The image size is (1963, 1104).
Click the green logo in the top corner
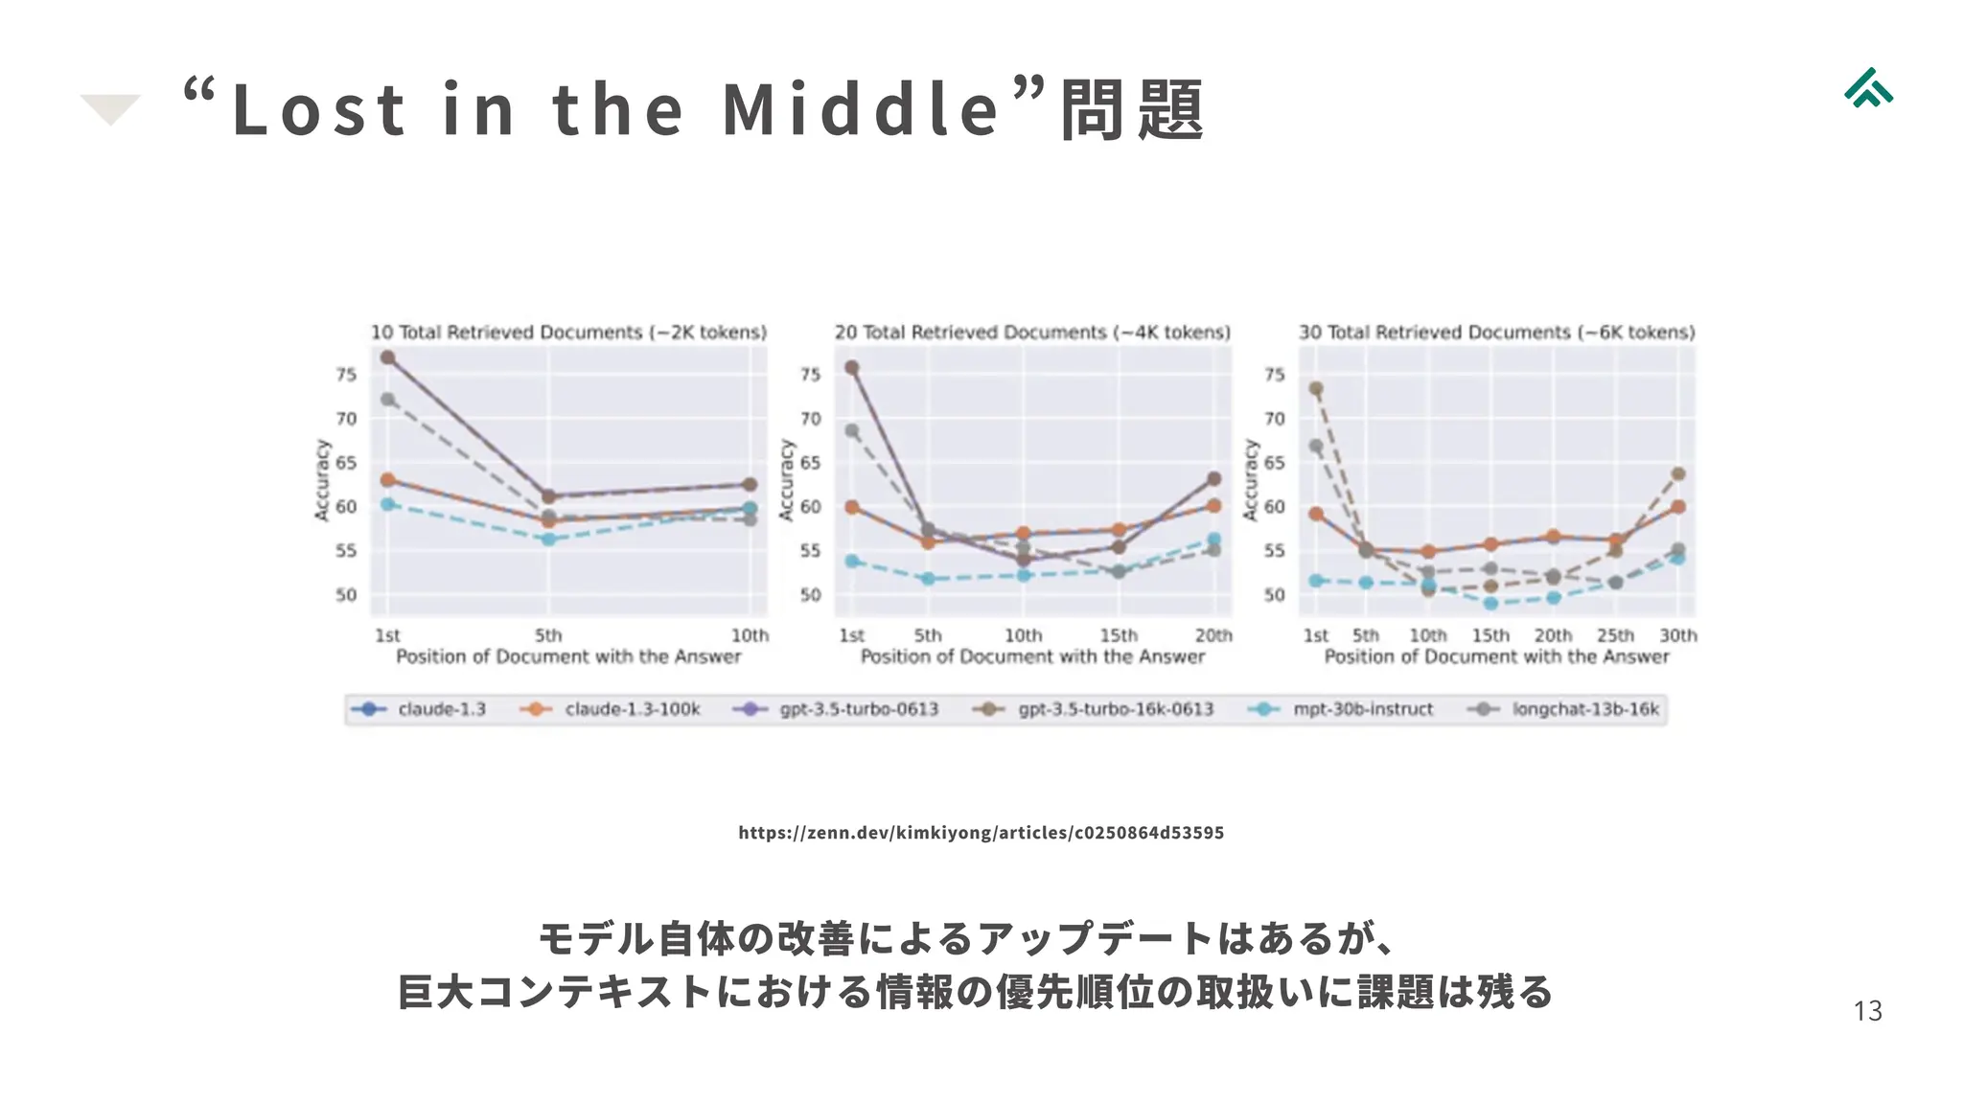tap(1868, 88)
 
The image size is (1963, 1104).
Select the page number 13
tap(1867, 1011)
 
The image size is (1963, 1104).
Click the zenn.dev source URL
tap(981, 832)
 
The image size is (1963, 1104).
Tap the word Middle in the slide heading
tap(861, 109)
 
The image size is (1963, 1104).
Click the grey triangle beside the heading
tap(110, 108)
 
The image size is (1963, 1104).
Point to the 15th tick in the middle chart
tap(1119, 635)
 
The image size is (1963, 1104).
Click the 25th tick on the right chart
tap(1615, 635)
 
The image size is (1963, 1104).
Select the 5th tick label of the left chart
tap(548, 635)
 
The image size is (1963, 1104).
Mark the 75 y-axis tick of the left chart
tap(346, 375)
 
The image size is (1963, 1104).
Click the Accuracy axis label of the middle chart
tap(787, 480)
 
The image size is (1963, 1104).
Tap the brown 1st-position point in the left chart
tap(387, 357)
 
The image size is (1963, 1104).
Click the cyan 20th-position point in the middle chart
tap(1213, 540)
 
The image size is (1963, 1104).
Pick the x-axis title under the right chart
tap(1496, 656)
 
